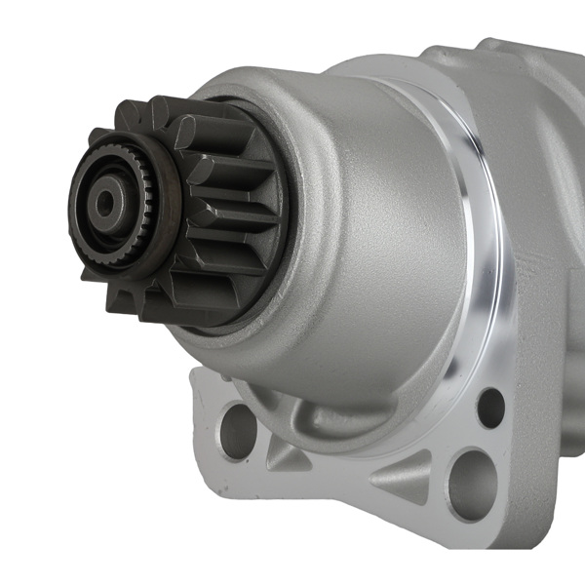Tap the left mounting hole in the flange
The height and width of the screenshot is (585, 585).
tap(237, 429)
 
